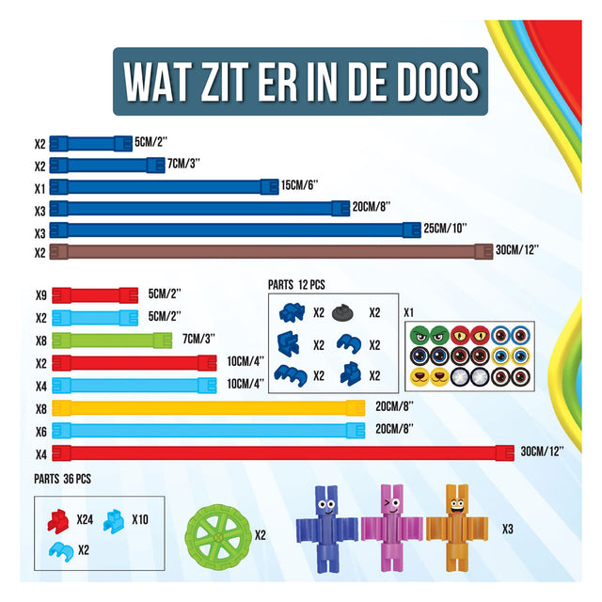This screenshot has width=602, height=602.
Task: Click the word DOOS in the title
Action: coord(426,82)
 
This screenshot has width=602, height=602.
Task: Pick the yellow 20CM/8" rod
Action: coord(208,408)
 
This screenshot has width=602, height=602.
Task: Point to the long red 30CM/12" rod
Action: coord(281,452)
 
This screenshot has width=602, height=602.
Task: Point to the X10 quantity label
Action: coord(141,518)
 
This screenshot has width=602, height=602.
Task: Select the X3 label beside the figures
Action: coord(507,530)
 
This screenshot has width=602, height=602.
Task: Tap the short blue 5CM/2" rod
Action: coord(90,143)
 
